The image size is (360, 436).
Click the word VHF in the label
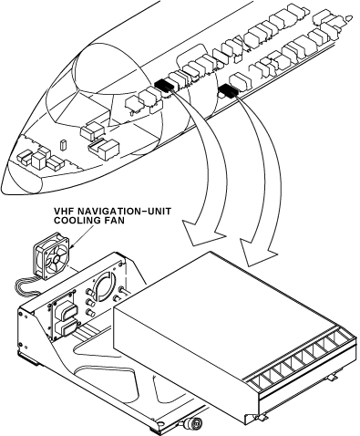coord(63,211)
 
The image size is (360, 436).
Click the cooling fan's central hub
coord(57,259)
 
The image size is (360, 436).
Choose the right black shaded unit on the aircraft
coord(228,90)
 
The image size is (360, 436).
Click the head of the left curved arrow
coord(203,234)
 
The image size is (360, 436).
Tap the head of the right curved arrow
coord(258,253)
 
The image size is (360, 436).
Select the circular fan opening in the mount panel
coord(105,285)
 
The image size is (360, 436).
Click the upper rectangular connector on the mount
coord(67,313)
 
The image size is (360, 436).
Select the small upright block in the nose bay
coord(63,145)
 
